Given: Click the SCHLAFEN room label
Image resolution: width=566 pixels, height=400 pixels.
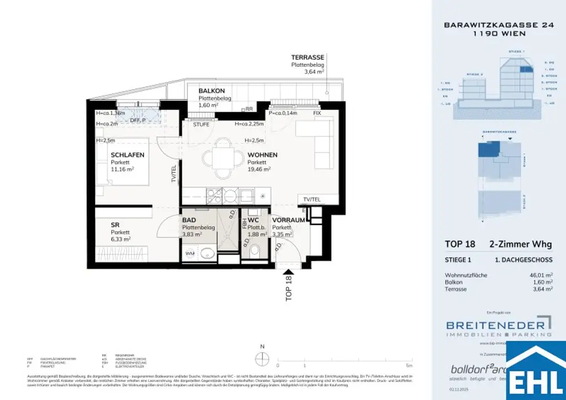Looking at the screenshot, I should [x=128, y=155].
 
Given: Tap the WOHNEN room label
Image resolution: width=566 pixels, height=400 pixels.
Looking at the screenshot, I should [x=263, y=155].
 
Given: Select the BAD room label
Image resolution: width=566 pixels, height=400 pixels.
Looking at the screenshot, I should [x=189, y=220].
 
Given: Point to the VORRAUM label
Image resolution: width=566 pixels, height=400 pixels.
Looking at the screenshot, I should [x=289, y=220].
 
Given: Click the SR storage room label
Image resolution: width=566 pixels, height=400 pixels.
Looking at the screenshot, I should [x=115, y=225].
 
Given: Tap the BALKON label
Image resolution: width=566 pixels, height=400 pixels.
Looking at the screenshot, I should [x=211, y=91].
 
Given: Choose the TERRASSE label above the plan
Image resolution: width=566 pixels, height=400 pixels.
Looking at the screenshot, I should [x=308, y=57].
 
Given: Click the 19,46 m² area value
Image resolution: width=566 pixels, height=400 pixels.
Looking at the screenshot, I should [x=259, y=170].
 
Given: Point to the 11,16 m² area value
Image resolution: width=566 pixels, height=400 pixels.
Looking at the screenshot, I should [x=123, y=170].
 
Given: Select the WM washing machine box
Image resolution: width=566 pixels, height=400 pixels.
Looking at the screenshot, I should [x=190, y=254].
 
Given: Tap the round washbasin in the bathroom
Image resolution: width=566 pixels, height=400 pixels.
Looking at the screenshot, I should [x=208, y=254].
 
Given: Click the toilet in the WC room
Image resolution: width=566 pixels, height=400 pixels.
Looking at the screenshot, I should [x=255, y=252].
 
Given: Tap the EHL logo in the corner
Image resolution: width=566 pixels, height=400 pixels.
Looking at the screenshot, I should [x=536, y=372].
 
